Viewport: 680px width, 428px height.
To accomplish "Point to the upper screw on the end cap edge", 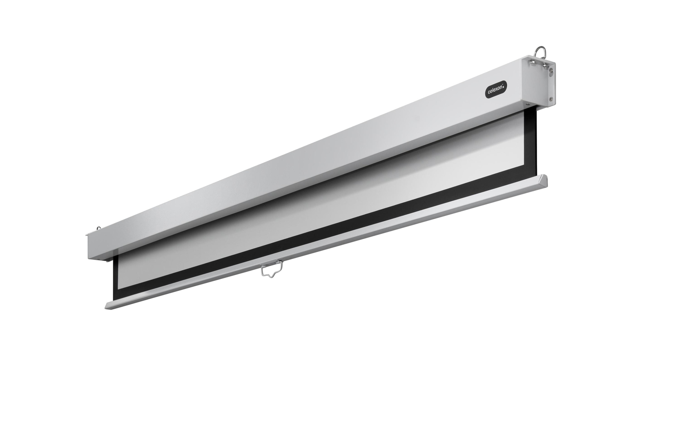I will (551, 70).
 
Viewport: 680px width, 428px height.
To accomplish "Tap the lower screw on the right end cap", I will (551, 99).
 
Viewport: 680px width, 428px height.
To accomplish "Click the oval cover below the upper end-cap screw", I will (551, 74).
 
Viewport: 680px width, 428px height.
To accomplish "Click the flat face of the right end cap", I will (535, 85).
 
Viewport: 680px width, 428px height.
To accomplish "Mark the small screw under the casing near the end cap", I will (528, 104).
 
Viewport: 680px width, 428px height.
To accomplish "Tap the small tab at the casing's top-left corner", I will (87, 235).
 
